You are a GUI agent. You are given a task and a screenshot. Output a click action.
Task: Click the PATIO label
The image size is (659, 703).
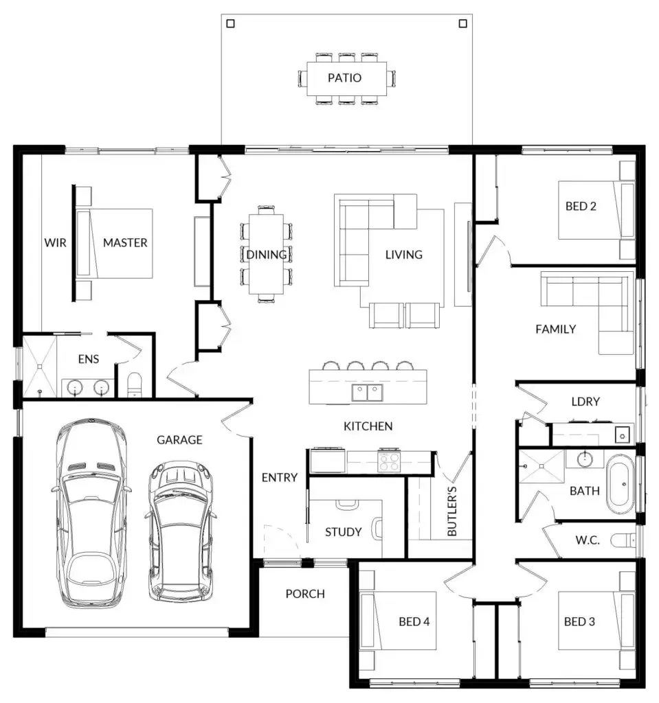[344, 78]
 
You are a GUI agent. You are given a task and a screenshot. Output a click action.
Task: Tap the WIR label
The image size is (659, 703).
[55, 242]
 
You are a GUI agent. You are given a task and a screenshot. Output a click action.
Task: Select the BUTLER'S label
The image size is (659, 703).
[452, 511]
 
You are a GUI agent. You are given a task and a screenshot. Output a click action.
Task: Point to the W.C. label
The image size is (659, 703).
[588, 540]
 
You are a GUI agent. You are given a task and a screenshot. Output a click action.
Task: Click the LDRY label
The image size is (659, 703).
[585, 401]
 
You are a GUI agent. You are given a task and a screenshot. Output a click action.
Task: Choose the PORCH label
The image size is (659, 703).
[305, 594]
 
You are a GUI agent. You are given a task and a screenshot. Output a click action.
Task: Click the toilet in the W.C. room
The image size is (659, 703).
[623, 540]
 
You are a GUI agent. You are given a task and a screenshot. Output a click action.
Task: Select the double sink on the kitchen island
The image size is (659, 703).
[367, 393]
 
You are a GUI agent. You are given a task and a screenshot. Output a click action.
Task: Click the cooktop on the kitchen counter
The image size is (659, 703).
[389, 462]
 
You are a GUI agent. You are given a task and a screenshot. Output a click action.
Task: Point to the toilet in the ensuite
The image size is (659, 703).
[134, 384]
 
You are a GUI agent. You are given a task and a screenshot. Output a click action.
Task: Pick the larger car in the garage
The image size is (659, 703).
[91, 513]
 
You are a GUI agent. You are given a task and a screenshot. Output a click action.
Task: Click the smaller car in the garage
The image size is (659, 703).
[181, 532]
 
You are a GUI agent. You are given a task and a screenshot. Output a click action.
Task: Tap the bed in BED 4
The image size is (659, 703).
[398, 621]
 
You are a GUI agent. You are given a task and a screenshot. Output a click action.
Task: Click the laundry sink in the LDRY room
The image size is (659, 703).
[622, 435]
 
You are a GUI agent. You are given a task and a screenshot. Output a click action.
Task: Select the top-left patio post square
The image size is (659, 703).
[231, 23]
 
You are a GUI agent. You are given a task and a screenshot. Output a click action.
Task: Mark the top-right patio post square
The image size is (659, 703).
[463, 23]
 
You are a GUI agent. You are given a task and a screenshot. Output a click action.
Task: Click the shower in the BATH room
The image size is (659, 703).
[541, 466]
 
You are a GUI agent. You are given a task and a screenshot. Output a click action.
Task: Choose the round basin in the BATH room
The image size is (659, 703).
[585, 459]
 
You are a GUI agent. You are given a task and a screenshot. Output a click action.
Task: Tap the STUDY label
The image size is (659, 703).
[344, 532]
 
